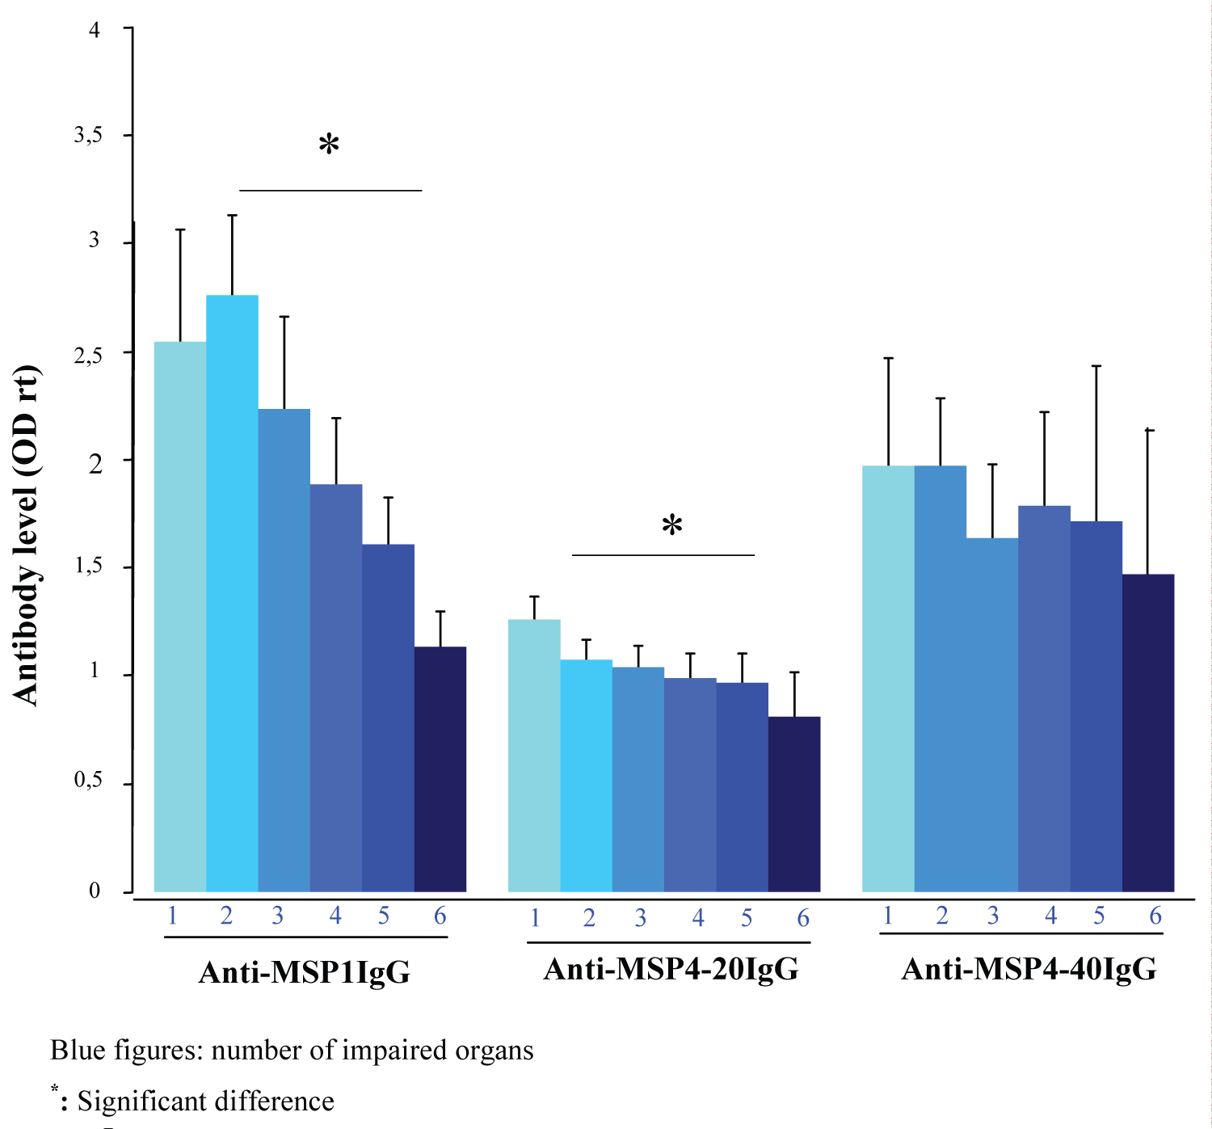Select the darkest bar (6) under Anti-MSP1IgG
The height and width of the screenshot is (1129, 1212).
(440, 769)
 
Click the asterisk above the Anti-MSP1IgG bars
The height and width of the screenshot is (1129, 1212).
(329, 145)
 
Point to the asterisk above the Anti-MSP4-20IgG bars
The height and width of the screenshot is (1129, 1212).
(672, 526)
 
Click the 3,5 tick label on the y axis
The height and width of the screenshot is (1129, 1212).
(88, 135)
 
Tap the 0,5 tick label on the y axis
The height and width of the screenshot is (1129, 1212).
(88, 781)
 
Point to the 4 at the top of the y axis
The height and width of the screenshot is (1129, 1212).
(95, 30)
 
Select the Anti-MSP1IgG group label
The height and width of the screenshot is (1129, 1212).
(305, 971)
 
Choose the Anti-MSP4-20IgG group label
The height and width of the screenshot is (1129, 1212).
(671, 968)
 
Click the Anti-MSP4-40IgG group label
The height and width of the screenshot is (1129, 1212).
(1029, 968)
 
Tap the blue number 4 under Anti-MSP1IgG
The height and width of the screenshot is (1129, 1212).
(335, 916)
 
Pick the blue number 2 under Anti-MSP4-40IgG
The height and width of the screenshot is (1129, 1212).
(941, 916)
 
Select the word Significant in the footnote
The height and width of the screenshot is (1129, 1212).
(137, 1102)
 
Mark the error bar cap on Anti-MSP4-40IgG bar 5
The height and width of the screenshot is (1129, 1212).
(1096, 366)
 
